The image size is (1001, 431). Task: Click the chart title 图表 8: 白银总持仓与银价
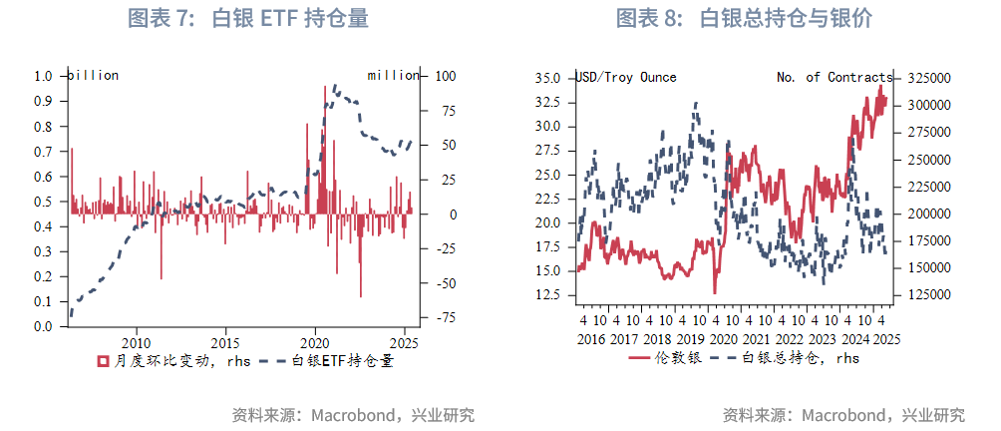750,18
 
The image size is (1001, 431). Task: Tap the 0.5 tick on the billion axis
43,202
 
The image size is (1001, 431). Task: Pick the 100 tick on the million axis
445,76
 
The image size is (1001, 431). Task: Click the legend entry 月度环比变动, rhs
159,361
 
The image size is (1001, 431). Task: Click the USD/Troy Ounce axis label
626,77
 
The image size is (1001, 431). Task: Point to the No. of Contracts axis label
834,77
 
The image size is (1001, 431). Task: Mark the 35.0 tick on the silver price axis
547,78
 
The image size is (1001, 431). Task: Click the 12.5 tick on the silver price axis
547,295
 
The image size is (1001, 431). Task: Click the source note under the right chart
843,415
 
